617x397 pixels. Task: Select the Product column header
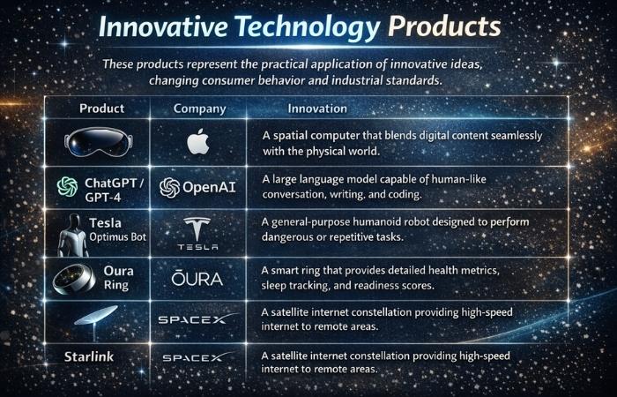point(101,109)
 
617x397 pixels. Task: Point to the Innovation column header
point(317,109)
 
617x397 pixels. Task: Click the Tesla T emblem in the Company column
point(198,227)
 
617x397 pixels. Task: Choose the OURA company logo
point(200,280)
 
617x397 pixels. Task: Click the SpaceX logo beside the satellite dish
point(197,318)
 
